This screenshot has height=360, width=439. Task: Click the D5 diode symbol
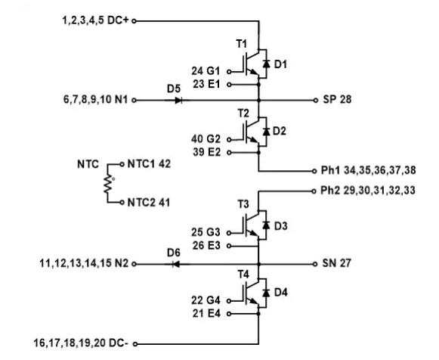pyautogui.click(x=178, y=100)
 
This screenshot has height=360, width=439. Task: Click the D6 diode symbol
pyautogui.click(x=176, y=264)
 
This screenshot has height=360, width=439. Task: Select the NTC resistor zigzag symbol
pyautogui.click(x=108, y=184)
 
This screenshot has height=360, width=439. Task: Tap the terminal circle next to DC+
pyautogui.click(x=134, y=21)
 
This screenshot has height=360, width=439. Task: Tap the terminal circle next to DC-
pyautogui.click(x=135, y=344)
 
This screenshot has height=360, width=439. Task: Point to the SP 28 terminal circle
pyautogui.click(x=316, y=100)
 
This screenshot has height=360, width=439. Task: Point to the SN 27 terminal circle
pyautogui.click(x=315, y=264)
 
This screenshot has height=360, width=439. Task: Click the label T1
pyautogui.click(x=242, y=44)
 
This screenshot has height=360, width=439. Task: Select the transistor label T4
pyautogui.click(x=243, y=275)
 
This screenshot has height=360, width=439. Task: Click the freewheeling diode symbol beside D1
pyautogui.click(x=266, y=64)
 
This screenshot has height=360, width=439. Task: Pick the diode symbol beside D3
pyautogui.click(x=266, y=225)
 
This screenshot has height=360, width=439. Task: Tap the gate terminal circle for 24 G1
pyautogui.click(x=229, y=72)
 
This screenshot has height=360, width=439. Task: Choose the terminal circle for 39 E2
pyautogui.click(x=229, y=153)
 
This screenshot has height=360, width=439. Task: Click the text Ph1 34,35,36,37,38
pyautogui.click(x=368, y=170)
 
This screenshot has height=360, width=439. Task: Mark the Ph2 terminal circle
pyautogui.click(x=314, y=191)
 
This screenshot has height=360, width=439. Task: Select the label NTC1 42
pyautogui.click(x=149, y=164)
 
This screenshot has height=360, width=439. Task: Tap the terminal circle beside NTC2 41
pyautogui.click(x=122, y=202)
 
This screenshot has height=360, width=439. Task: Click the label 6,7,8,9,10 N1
pyautogui.click(x=95, y=100)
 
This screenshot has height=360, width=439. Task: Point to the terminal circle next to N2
pyautogui.click(x=134, y=264)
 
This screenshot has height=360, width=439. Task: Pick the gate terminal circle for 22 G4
pyautogui.click(x=229, y=301)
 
